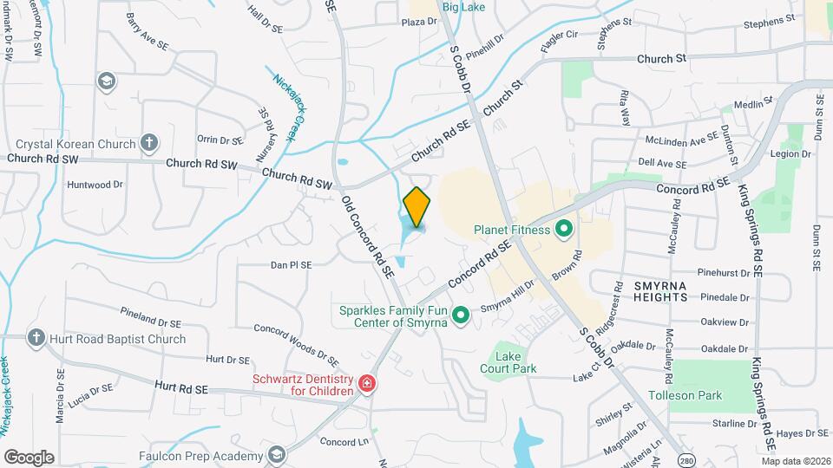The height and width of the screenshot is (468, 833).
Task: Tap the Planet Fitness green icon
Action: click(564, 230)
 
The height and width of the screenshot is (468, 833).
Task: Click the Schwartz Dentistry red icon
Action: click(367, 383)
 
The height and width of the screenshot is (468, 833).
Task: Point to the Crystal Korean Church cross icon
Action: click(149, 143)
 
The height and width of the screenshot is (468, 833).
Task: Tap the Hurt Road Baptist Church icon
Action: click(36, 338)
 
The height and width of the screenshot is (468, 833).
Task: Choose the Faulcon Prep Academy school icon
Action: click(276, 455)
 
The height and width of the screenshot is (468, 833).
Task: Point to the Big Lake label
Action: click(462, 7)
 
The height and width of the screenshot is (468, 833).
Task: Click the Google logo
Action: click(29, 458)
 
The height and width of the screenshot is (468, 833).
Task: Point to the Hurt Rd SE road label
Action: click(181, 387)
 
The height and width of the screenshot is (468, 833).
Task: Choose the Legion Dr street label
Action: click(793, 153)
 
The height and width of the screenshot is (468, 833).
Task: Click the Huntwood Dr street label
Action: click(95, 185)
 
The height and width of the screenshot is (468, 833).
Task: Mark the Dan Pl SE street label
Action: click(291, 265)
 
